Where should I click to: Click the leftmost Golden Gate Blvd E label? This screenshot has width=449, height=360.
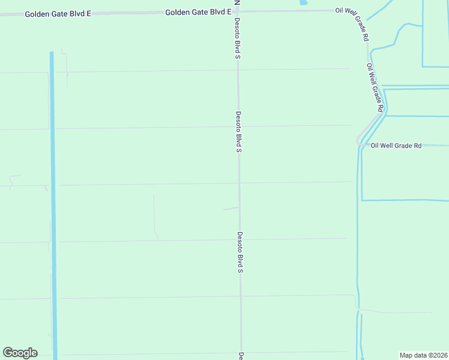coord(58,13)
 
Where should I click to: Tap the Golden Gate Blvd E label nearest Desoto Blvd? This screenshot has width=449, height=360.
coord(198,11)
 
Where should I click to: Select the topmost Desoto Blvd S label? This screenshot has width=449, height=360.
coord(237,38)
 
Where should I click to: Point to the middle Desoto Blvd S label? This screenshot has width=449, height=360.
coord(238,131)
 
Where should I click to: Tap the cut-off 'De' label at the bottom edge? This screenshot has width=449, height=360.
coord(241,355)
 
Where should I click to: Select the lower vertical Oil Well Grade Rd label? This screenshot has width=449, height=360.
coord(375,88)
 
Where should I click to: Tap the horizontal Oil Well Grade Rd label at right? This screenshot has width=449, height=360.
coord(396,145)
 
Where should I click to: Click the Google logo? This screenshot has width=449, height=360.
coord(20,353)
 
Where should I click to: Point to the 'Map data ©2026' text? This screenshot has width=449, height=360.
coord(423,355)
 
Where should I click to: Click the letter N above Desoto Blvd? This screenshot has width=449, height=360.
coord(237,3)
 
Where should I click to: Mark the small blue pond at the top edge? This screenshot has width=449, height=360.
coord(303,2)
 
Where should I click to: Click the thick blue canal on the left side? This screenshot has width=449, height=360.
coord(53,204)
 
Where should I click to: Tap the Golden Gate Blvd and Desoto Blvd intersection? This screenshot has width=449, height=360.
coord(237,11)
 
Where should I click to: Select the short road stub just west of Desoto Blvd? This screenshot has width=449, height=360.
coord(231,209)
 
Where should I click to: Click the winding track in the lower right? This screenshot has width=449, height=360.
coord(396,311)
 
